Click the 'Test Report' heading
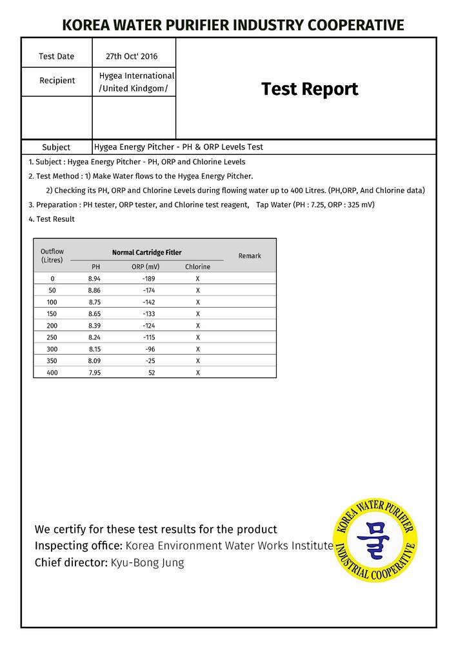[309, 89]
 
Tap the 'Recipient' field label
[57, 81]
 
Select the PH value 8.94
[94, 279]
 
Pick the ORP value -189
[148, 279]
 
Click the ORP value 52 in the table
[152, 373]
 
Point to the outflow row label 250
[52, 337]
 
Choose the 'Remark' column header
[250, 256]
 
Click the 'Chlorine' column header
[197, 266]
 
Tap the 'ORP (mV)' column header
[145, 266]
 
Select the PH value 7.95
[94, 373]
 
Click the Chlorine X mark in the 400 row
[197, 373]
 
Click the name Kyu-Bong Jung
[147, 562]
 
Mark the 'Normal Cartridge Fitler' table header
[146, 252]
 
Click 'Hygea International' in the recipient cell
[137, 75]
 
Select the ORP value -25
[150, 361]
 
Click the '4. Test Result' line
[52, 219]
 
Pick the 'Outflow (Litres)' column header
[52, 255]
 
